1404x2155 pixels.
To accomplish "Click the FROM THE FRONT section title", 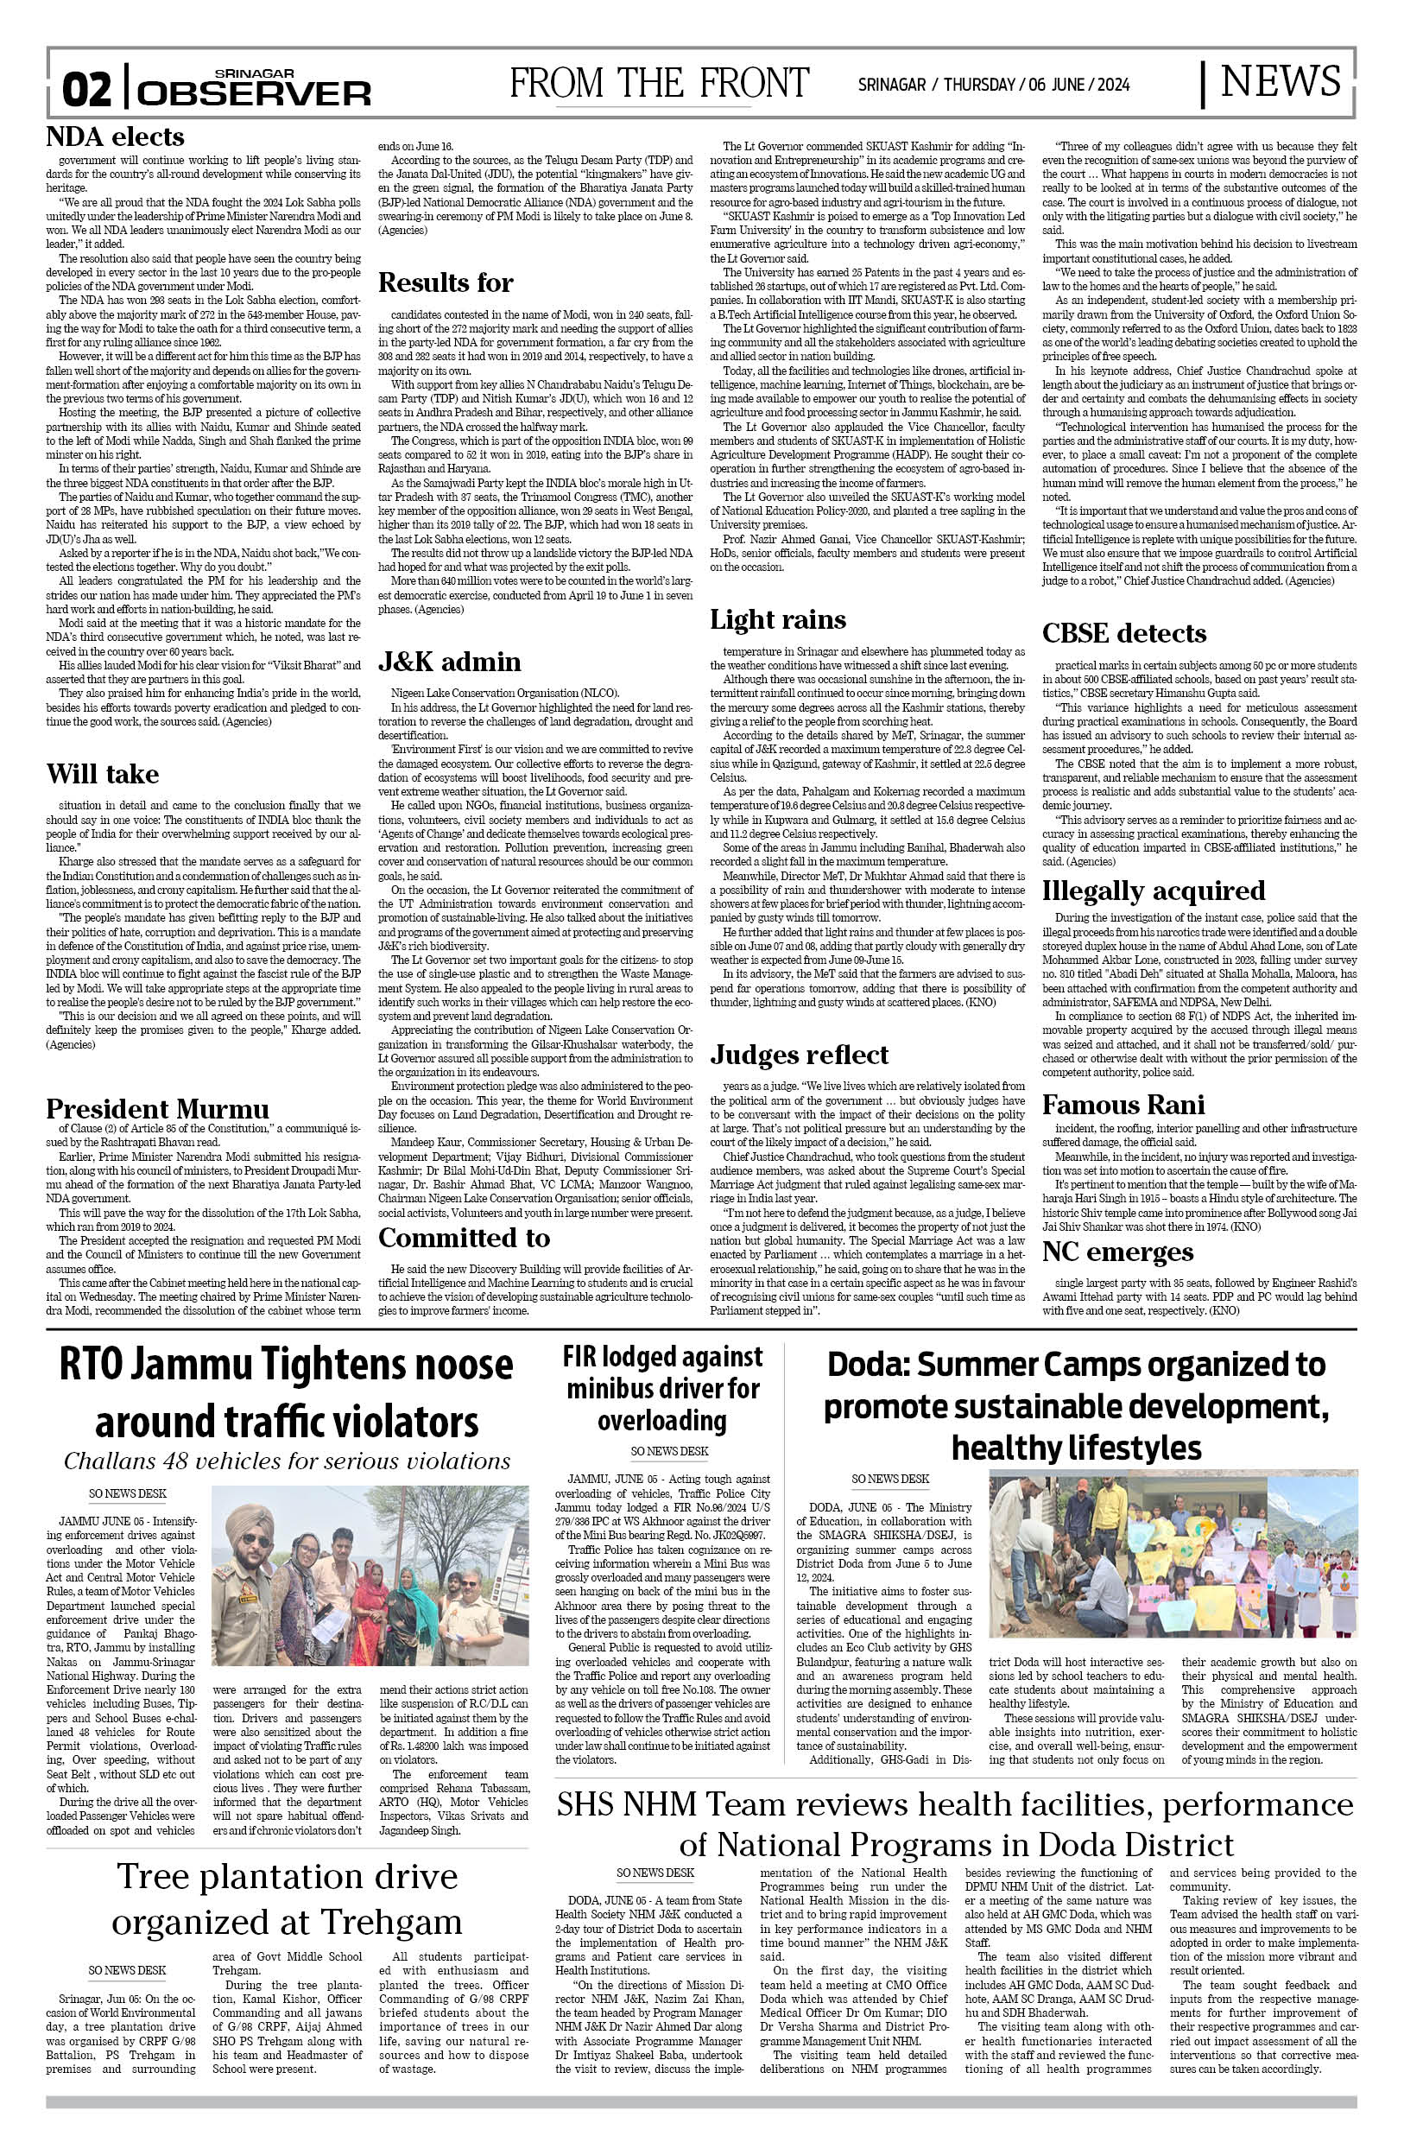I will pyautogui.click(x=659, y=84).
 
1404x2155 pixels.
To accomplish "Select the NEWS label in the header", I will pyautogui.click(x=1280, y=81).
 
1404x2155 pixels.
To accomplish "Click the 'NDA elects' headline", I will pyautogui.click(x=115, y=136).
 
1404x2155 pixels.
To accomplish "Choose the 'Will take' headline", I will pyautogui.click(x=102, y=774).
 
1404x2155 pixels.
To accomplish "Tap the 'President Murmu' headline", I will pyautogui.click(x=157, y=1109).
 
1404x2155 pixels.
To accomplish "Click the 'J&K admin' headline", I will pyautogui.click(x=449, y=662).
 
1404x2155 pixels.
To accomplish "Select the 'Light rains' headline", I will pyautogui.click(x=778, y=619).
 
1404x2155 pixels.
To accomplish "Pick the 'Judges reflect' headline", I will pyautogui.click(x=799, y=1055).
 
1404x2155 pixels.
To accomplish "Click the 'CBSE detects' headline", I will pyautogui.click(x=1123, y=633).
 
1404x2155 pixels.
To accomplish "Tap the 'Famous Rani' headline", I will pyautogui.click(x=1123, y=1105).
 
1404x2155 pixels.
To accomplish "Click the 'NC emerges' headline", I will pyautogui.click(x=1117, y=1252).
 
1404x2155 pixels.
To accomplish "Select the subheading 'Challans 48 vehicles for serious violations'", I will pyautogui.click(x=287, y=1461).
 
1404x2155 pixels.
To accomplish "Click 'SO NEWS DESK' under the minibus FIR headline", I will pyautogui.click(x=669, y=1451).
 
